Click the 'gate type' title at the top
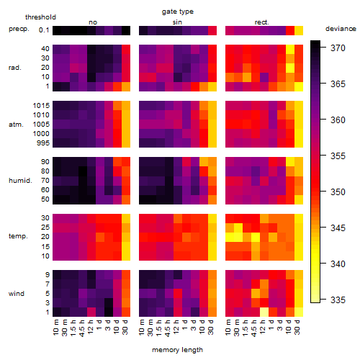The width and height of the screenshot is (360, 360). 178,12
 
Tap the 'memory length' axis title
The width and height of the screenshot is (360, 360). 177,350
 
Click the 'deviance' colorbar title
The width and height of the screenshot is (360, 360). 341,29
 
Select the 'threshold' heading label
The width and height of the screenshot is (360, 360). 40,17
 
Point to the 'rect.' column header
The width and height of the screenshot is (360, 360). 262,22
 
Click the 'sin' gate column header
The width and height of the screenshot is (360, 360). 177,22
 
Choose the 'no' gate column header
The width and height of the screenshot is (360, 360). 93,22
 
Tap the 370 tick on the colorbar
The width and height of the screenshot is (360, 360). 338,48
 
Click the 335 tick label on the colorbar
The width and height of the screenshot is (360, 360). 338,300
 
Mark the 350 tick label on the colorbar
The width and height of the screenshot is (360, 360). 338,192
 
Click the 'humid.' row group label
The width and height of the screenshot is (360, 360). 20,181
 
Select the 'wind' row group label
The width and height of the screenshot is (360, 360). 17,294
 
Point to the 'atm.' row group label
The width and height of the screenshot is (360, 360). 16,125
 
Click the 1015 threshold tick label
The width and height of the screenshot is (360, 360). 41,106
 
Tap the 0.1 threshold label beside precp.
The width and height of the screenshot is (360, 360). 44,30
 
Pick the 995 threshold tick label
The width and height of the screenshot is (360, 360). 43,143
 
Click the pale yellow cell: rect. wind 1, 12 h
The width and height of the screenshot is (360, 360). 264,312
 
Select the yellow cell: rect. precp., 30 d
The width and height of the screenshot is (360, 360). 299,30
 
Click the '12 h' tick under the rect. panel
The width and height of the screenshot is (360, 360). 262,327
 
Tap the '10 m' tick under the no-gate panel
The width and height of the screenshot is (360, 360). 56,328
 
